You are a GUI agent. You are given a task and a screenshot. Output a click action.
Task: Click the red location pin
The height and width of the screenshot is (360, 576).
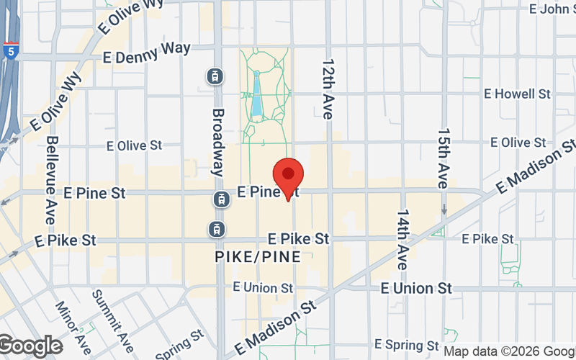tap(289, 175)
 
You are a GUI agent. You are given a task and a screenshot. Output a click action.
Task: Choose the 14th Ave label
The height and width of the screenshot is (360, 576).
tap(402, 239)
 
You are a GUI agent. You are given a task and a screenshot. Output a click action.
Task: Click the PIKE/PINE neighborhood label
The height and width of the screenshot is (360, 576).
tap(258, 256)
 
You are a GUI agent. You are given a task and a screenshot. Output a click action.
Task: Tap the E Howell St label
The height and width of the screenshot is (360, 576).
tap(517, 94)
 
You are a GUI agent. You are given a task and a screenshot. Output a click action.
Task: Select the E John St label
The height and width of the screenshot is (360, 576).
tap(552, 9)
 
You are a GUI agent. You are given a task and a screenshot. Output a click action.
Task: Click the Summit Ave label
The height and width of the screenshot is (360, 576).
tap(114, 317)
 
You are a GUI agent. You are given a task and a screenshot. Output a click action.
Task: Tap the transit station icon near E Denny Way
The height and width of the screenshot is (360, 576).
tap(215, 75)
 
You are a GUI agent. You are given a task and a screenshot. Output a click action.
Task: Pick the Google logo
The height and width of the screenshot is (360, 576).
tap(30, 346)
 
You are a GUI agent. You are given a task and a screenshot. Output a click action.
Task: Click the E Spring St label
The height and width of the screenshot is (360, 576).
tap(407, 346)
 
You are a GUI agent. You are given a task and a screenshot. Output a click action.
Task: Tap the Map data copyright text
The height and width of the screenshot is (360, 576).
tap(508, 352)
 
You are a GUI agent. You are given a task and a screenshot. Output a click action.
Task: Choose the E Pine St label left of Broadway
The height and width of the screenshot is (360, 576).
tap(94, 193)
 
